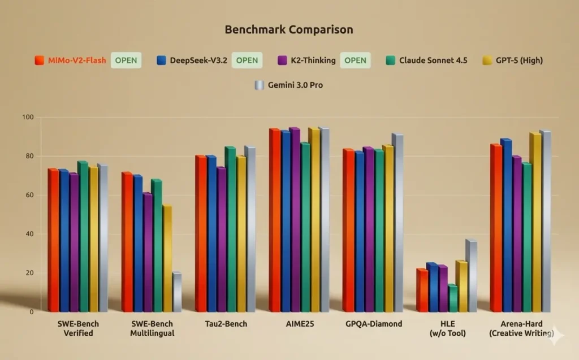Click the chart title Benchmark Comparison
click(289, 30)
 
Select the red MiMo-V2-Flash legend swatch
click(40, 60)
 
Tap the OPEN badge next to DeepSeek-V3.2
click(247, 60)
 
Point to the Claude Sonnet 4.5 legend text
click(433, 60)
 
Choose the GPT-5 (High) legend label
click(518, 60)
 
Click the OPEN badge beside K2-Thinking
click(355, 60)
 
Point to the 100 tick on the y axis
click(28, 118)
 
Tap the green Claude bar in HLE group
click(452, 298)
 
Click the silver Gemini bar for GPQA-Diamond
click(397, 223)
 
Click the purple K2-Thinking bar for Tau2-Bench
click(221, 240)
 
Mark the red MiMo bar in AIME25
click(274, 220)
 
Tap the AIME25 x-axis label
click(299, 324)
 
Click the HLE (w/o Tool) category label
click(447, 328)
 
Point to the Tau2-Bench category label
click(226, 324)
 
